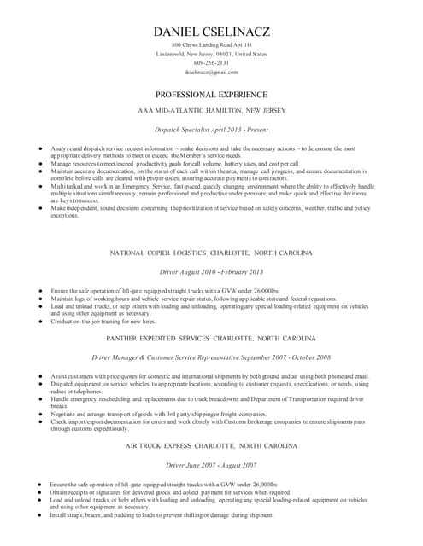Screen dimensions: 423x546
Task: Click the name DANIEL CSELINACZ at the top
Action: pyautogui.click(x=211, y=32)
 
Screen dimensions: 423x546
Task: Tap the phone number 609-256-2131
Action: pyautogui.click(x=211, y=63)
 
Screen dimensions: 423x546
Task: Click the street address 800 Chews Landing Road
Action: pyautogui.click(x=211, y=44)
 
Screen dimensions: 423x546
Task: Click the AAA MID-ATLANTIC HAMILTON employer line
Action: pyautogui.click(x=211, y=111)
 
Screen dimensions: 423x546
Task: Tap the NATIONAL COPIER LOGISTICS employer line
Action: pyautogui.click(x=211, y=253)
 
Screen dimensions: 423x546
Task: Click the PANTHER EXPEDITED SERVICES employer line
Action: pyautogui.click(x=211, y=338)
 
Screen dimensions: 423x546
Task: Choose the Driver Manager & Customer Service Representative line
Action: pyautogui.click(x=211, y=357)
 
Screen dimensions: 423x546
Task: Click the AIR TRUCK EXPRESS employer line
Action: pyautogui.click(x=211, y=446)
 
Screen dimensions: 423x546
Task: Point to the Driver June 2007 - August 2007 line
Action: pyautogui.click(x=211, y=465)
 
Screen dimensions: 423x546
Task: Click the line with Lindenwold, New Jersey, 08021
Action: pyautogui.click(x=211, y=54)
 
